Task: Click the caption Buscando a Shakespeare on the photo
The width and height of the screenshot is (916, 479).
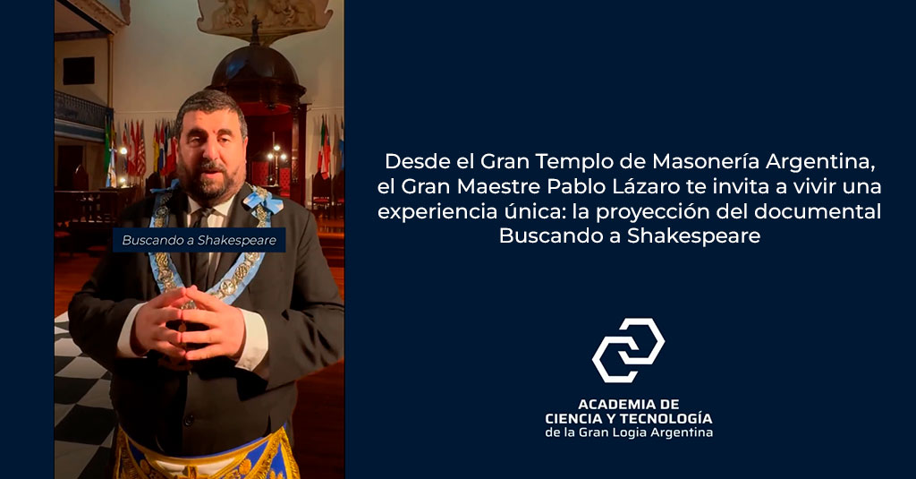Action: (x=199, y=240)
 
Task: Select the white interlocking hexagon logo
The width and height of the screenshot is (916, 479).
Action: (x=629, y=350)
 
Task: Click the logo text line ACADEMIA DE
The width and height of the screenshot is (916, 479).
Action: (x=629, y=404)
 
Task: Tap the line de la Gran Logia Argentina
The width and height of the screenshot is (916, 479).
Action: (x=629, y=432)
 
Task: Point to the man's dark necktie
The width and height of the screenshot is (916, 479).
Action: (x=202, y=245)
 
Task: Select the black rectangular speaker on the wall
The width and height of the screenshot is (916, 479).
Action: (x=79, y=71)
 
